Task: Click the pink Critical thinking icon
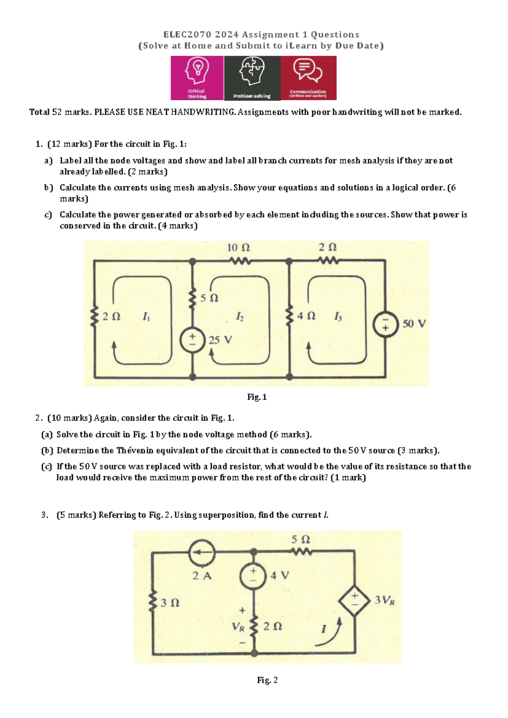point(197,78)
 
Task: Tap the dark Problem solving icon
point(252,78)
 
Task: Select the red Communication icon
point(308,78)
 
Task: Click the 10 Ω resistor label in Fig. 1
point(238,248)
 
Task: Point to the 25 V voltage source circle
point(193,341)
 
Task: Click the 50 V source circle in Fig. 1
point(385,324)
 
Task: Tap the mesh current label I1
point(146,317)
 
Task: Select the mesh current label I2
point(240,317)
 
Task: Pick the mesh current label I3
point(338,317)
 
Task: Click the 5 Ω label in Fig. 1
point(209,298)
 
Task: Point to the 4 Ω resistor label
point(306,316)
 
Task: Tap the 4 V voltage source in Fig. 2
point(253,576)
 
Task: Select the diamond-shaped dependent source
point(354,600)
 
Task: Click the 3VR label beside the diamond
point(384,600)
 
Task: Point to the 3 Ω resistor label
point(170,603)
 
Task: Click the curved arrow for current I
point(329,632)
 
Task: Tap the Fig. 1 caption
point(257,397)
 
